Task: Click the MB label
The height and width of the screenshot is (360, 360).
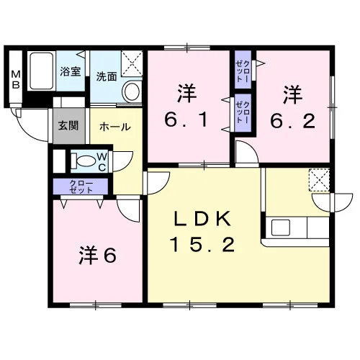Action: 16,80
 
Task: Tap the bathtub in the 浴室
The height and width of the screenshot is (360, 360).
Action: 42,71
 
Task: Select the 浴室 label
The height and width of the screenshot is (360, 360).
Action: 71,71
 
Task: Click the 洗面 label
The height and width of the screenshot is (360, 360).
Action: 107,77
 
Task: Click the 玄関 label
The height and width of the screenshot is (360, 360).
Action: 68,125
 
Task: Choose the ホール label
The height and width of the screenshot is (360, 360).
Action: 115,127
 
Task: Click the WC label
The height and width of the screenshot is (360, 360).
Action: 102,162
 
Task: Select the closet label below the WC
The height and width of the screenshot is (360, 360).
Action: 81,187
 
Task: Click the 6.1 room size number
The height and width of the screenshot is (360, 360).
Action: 186,120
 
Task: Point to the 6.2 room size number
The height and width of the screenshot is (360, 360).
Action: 292,121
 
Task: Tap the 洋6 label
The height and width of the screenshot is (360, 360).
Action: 98,256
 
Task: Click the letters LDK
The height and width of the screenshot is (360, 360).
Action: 202,218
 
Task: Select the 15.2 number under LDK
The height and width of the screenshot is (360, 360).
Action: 202,244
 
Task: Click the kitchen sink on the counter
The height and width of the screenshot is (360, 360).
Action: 281,227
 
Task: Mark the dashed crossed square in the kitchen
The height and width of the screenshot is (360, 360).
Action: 319,180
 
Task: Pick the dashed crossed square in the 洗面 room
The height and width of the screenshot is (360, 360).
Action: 132,63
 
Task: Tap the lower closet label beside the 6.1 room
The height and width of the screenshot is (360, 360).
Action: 243,112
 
